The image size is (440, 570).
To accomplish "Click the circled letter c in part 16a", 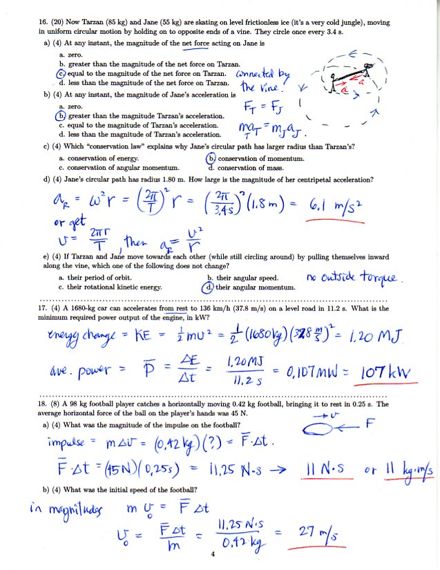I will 60,73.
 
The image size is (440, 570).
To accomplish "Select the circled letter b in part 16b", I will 60,117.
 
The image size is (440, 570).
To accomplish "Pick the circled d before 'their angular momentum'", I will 211,286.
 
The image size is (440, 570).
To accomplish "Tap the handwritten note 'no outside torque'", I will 352,278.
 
